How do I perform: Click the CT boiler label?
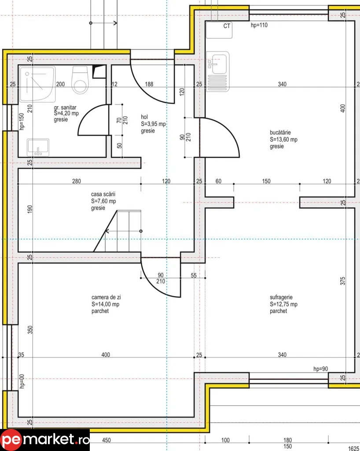(227, 26)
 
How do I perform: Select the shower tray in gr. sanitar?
(37, 84)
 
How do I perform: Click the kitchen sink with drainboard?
(218, 71)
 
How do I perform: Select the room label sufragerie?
(283, 304)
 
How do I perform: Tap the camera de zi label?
(106, 304)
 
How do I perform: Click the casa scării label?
(103, 201)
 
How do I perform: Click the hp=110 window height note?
(259, 26)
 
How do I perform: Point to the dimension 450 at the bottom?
(106, 440)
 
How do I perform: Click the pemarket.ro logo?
(45, 440)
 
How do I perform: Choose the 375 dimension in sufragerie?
(343, 281)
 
